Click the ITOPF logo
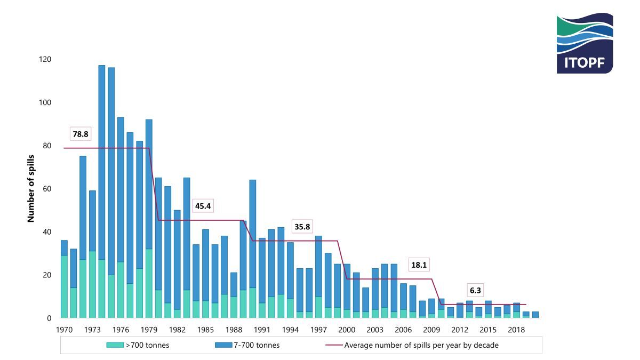tap(585, 43)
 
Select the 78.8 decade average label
tap(81, 134)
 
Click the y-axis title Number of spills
tap(31, 188)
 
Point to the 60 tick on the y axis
tap(47, 189)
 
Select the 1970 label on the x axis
tap(64, 329)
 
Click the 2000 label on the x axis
tap(347, 329)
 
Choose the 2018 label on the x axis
tap(516, 329)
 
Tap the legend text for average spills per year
tap(421, 345)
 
